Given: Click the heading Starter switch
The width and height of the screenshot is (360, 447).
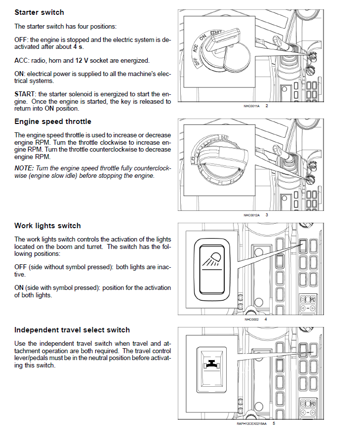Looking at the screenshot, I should pos(39,12).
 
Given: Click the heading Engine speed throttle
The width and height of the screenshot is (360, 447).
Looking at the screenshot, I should pos(53,122).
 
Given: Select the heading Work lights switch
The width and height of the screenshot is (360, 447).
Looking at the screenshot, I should pos(47,226).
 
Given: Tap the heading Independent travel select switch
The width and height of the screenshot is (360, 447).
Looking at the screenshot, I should pos(72,330).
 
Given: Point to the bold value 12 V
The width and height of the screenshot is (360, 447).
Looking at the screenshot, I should pos(81,60).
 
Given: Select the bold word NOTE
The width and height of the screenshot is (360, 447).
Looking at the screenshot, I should pos(24,168).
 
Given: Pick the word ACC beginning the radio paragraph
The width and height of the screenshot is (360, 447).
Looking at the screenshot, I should pos(21,60).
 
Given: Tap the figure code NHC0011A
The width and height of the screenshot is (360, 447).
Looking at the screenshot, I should pos(251,106).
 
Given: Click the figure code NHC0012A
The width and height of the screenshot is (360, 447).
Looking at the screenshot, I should pos(251,215).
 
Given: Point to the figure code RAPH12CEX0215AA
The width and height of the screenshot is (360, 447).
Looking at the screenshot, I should pos(251,423).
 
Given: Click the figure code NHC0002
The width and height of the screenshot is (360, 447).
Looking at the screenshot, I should pos(251,319).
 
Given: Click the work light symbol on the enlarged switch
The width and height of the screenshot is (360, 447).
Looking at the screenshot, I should pos(212,259).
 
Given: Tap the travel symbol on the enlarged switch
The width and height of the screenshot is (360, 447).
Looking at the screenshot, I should pos(211,366).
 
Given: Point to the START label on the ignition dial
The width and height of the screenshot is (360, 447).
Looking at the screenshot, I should pos(216,34).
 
